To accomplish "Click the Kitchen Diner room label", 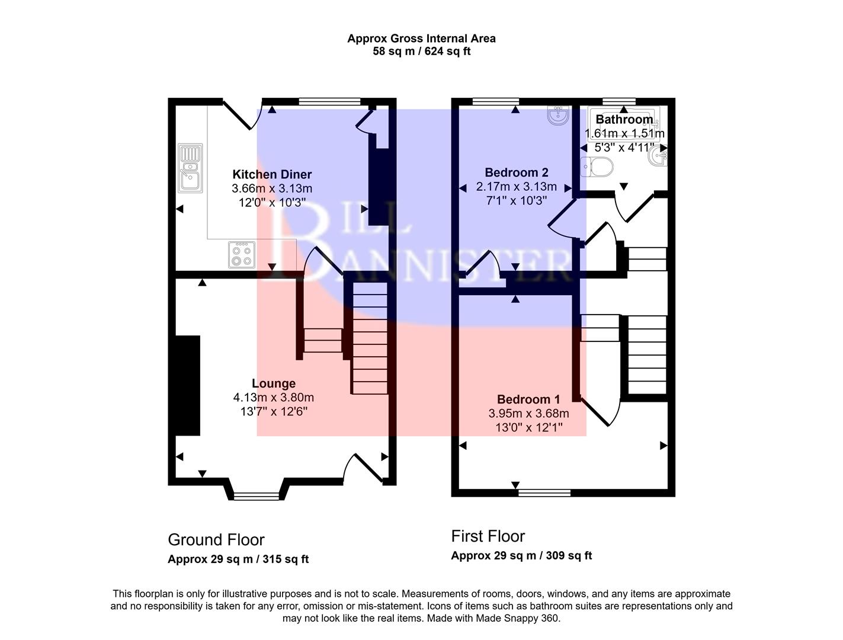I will coord(272,174).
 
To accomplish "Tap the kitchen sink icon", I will coord(190,169).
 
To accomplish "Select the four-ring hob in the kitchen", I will coord(242,254).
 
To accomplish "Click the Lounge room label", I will coord(273,383).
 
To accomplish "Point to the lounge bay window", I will coord(256,495).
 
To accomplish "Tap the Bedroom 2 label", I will coord(516,172).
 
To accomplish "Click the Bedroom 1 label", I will coord(528,399).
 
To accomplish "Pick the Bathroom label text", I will coord(624,119).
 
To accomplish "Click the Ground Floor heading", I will coord(216,540).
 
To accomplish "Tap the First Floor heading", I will coord(488,536).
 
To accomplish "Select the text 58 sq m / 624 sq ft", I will coord(421,52).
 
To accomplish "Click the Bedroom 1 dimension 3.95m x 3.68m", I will coord(528,414).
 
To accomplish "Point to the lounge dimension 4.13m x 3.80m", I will coord(273,398).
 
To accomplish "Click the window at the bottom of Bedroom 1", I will coord(544,492).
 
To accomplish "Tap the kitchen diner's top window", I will coord(329,101).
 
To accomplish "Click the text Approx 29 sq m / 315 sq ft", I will coord(238,559).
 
